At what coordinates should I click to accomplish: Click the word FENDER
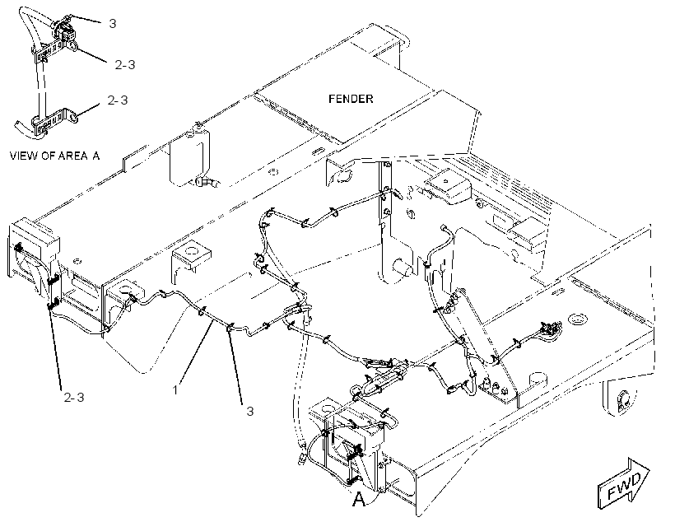(351, 99)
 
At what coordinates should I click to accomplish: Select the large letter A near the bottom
(359, 500)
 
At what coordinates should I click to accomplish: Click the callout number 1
(175, 389)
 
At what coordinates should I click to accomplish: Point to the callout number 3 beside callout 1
(249, 411)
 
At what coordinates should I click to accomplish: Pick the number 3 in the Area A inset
(113, 23)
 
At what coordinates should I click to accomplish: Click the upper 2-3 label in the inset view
(125, 64)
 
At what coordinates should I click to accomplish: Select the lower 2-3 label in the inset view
(118, 100)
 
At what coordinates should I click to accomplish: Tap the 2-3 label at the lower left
(74, 397)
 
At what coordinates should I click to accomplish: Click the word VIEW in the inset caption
(23, 156)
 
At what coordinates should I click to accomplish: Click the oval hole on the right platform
(578, 319)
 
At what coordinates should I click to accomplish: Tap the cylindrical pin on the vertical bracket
(403, 268)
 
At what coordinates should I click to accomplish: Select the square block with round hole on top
(192, 255)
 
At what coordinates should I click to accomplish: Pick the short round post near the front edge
(537, 379)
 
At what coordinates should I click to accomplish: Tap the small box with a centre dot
(448, 183)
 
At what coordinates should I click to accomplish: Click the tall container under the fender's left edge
(189, 157)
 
